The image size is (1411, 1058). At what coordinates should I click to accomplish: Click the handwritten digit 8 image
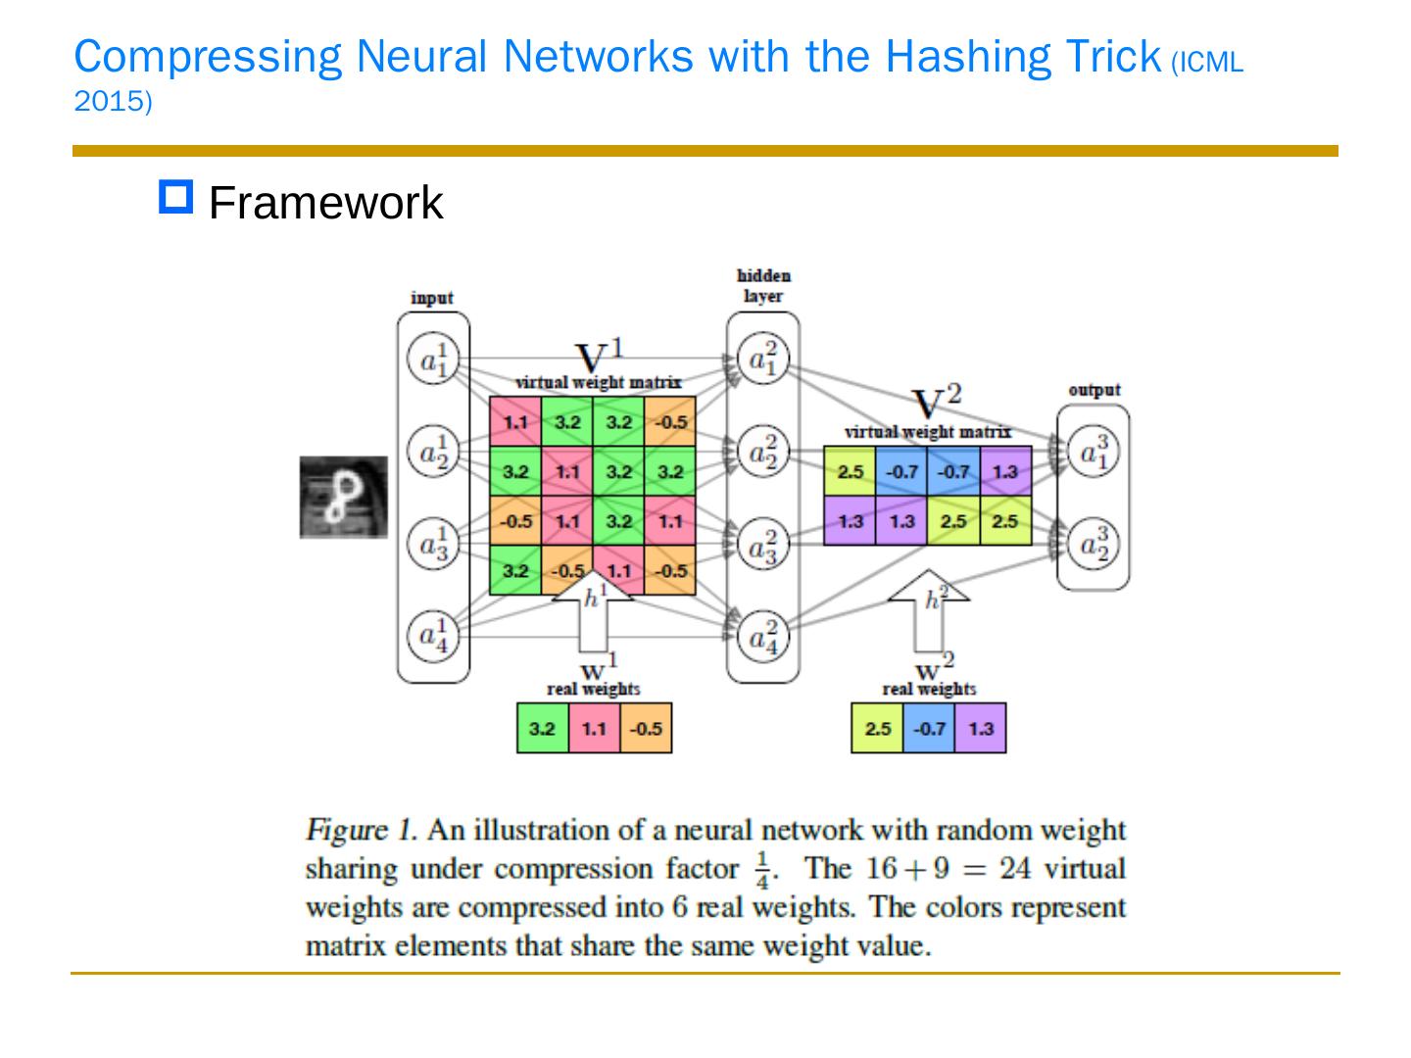click(343, 497)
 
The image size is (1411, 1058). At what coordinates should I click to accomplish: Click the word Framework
click(326, 203)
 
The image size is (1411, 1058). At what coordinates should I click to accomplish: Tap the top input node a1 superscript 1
click(432, 361)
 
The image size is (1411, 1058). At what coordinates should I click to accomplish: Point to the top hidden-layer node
click(762, 361)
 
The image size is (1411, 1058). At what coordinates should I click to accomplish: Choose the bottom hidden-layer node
click(762, 637)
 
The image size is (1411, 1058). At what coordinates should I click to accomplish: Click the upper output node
click(1093, 453)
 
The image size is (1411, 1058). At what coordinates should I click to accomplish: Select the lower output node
click(1093, 545)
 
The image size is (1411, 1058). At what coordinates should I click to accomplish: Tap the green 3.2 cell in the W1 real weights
click(542, 728)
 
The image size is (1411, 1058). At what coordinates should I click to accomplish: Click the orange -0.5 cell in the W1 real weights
click(646, 728)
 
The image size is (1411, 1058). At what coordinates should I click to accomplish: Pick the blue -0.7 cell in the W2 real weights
click(929, 728)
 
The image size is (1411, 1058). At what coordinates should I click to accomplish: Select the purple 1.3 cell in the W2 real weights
click(980, 728)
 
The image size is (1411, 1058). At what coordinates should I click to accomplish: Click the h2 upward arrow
click(929, 612)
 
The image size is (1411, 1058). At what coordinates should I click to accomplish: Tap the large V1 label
click(598, 355)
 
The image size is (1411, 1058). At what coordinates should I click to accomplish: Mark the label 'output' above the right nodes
click(1094, 390)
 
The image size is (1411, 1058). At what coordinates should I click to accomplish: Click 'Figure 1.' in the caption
click(362, 831)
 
